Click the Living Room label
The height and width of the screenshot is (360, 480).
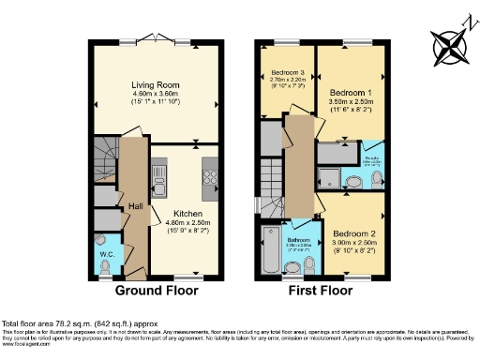[155, 85]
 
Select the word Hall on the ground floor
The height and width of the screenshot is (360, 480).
[135, 206]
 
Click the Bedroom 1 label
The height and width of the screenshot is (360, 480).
[351, 94]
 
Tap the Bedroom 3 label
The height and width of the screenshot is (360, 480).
[288, 72]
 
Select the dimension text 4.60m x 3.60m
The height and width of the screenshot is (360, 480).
[155, 95]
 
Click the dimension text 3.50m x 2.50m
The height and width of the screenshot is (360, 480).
[351, 104]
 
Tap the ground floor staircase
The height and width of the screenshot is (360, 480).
[105, 155]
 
